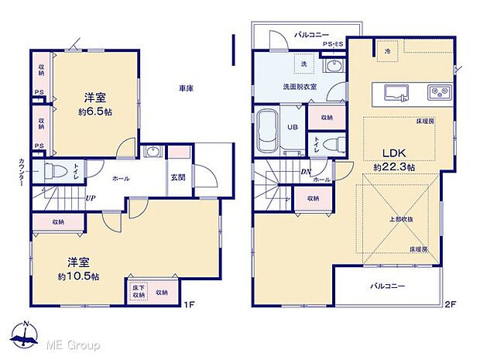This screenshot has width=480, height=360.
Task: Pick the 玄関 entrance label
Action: point(177,177)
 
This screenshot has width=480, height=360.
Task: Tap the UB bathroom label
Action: point(293,128)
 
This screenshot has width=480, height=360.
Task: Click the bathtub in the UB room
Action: point(269,127)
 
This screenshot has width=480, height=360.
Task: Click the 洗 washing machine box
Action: point(303,63)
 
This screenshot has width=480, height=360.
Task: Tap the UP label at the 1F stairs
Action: point(91,197)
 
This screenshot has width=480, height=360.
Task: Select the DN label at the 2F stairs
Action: point(306,173)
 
